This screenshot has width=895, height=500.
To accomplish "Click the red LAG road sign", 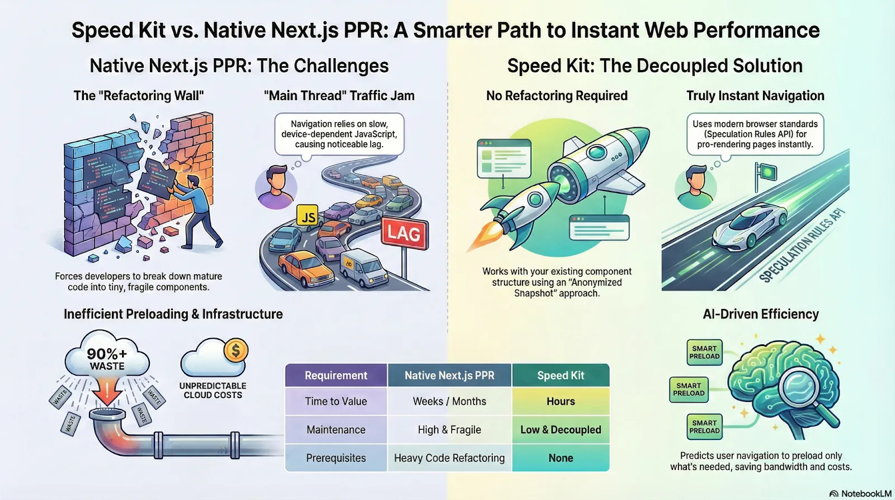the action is (404, 233).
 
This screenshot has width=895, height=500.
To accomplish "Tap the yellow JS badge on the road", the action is (307, 216).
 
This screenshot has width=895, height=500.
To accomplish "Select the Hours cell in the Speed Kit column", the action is (560, 401).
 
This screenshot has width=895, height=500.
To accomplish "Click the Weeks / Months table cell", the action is (449, 401).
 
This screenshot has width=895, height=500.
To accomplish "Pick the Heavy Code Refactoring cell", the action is (449, 458).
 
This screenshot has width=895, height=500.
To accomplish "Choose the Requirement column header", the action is (336, 376).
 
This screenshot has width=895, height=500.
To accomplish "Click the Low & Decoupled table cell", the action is (560, 429).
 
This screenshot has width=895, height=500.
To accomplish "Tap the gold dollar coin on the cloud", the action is (235, 351).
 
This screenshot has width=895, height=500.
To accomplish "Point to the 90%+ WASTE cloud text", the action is (107, 359).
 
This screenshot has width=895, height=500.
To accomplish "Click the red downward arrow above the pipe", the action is (107, 391).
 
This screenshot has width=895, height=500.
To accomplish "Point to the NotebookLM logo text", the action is (865, 493).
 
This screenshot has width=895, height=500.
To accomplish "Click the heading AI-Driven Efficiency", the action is (761, 314).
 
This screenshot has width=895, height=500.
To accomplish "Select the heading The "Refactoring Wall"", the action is (139, 96).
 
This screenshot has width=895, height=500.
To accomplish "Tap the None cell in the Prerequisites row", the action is (560, 458).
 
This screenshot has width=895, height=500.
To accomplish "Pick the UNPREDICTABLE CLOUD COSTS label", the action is (213, 390).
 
